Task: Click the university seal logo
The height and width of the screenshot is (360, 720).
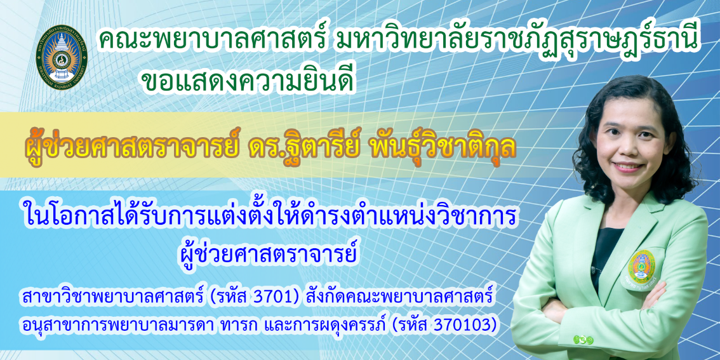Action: point(61,54)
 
